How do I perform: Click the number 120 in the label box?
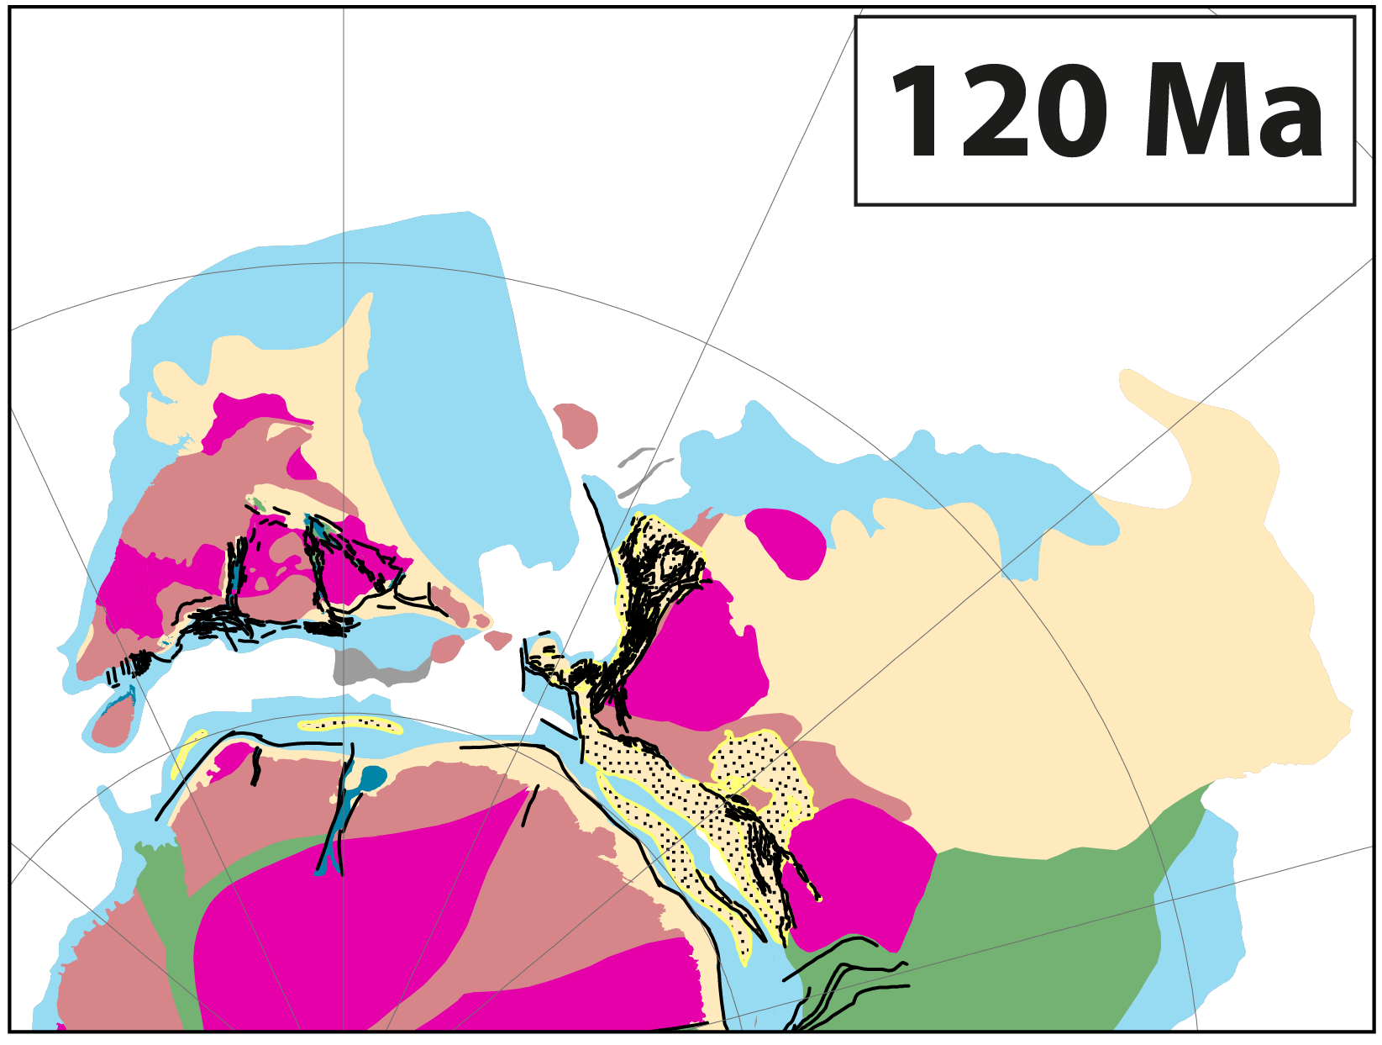[1000, 112]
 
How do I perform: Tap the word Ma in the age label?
[1233, 112]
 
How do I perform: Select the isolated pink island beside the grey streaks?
[576, 425]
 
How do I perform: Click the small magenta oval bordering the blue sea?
[786, 541]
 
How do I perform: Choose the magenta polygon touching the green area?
[861, 874]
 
